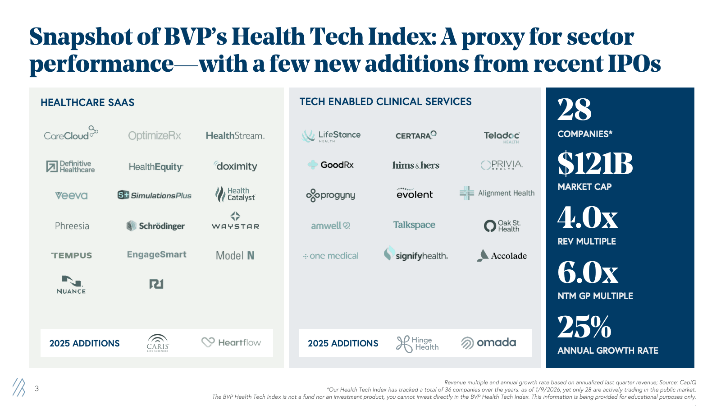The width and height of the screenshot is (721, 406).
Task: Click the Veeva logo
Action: point(71,195)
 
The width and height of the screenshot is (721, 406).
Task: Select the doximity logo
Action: point(236,166)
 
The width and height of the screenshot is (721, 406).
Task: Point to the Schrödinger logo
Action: point(156,226)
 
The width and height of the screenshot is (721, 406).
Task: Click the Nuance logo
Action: point(71,285)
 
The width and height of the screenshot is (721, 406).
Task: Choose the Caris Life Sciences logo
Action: point(158,343)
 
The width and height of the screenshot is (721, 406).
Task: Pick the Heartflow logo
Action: point(231,342)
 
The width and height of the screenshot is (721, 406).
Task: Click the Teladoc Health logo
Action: point(502,136)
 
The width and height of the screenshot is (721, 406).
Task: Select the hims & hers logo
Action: point(415,165)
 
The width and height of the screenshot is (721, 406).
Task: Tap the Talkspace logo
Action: point(414,225)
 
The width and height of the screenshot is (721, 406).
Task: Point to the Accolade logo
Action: point(502,255)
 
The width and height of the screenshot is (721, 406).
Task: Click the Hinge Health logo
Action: point(417,344)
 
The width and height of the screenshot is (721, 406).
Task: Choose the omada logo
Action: point(488,343)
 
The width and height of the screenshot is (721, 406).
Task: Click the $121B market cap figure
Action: point(595,163)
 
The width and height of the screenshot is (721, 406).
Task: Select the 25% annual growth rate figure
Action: point(584,327)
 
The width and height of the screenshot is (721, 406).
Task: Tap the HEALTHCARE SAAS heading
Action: point(87,102)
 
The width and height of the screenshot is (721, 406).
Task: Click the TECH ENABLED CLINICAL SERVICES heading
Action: point(385,101)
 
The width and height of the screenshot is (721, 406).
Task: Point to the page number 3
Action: point(37,388)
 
